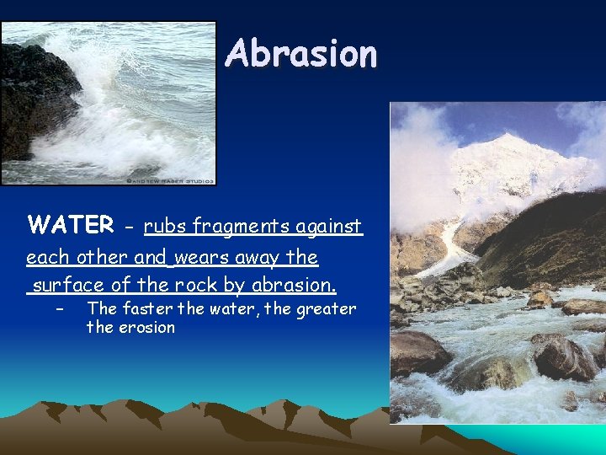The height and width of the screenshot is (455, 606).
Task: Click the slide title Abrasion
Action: pos(301,54)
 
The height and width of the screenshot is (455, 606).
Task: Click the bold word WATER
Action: pos(71,225)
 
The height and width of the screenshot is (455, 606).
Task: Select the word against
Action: pos(330,226)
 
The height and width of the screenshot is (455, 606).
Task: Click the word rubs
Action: pos(165,226)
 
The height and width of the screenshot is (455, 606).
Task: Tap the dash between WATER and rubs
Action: pos(128,227)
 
